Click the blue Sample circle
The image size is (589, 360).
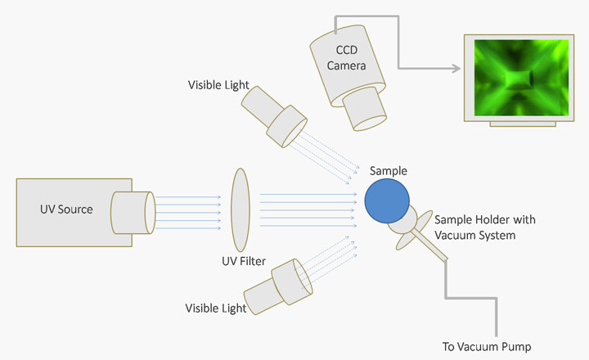(x=387, y=200)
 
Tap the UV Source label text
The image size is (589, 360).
(x=66, y=209)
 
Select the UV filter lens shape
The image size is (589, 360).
(x=241, y=209)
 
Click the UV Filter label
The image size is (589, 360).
(x=244, y=261)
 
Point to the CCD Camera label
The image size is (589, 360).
(x=346, y=57)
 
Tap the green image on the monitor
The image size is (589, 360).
(x=521, y=78)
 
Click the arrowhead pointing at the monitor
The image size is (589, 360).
(x=456, y=69)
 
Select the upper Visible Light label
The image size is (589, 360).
(x=218, y=85)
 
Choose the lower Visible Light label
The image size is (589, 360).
(x=216, y=308)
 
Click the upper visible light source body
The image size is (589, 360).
(x=274, y=116)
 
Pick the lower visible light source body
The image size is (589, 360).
(x=278, y=286)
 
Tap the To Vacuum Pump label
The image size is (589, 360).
(x=487, y=346)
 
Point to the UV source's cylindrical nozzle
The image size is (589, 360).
(x=133, y=213)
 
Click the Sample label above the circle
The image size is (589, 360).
(x=389, y=171)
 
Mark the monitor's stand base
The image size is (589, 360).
(x=523, y=124)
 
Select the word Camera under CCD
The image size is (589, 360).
(x=346, y=65)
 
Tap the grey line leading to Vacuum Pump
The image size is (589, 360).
(x=471, y=299)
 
